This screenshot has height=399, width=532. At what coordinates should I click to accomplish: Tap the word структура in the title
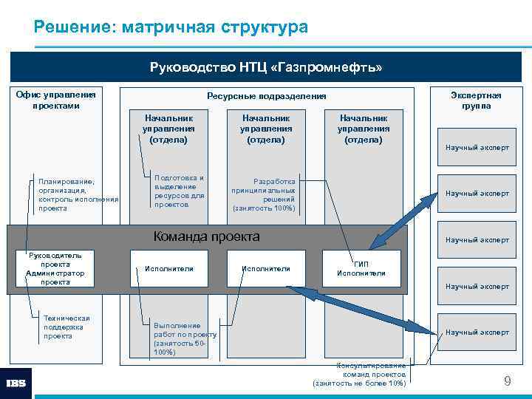point(263,28)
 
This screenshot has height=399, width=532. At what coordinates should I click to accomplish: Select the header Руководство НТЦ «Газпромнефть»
point(266,68)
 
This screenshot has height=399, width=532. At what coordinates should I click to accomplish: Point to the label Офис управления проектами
point(56,100)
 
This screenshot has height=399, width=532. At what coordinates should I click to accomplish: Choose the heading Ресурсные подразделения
point(266,96)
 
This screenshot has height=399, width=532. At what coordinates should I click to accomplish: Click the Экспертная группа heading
point(476,100)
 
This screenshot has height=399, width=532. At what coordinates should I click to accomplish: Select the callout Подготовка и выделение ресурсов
point(179,191)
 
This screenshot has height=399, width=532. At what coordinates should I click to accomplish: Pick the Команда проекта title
point(206,237)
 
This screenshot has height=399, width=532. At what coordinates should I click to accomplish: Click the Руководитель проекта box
point(55,259)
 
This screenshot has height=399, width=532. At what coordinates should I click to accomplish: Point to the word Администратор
point(55,273)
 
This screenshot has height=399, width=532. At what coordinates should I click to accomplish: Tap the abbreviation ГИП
point(361,264)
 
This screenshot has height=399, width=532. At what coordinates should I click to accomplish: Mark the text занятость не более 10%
point(360,383)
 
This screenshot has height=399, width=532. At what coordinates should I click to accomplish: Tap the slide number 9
point(507,381)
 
